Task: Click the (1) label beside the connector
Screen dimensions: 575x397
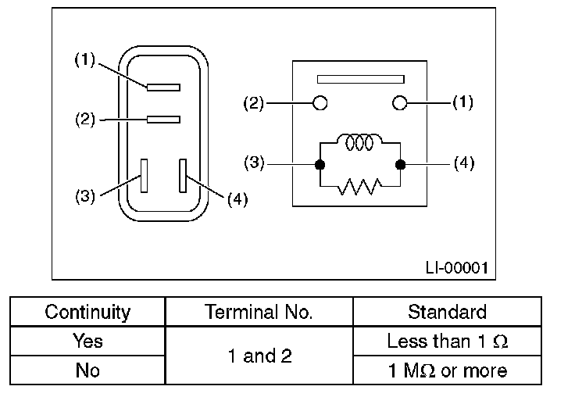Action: (84, 60)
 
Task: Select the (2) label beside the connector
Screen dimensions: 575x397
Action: (85, 120)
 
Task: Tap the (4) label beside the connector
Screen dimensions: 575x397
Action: (237, 199)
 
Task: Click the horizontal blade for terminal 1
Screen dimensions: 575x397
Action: (163, 88)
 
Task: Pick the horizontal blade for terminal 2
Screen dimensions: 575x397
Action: (163, 120)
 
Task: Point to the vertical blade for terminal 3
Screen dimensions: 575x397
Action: (144, 176)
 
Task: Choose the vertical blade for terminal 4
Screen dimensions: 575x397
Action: (183, 176)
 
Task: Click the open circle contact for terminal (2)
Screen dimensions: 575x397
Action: (320, 103)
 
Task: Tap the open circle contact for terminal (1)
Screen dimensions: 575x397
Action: (399, 103)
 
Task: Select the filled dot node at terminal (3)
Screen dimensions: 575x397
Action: (320, 165)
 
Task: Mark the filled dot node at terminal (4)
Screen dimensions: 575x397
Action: (401, 165)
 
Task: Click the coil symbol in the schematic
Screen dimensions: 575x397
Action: (359, 142)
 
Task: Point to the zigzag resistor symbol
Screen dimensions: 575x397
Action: (359, 187)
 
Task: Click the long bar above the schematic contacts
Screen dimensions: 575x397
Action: (361, 79)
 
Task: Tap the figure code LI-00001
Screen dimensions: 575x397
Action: (457, 268)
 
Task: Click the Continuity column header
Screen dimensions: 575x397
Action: (87, 312)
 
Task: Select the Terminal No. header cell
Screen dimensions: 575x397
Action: (259, 312)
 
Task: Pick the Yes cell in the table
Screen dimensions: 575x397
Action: (87, 341)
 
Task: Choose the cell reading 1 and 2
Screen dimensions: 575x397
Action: (259, 356)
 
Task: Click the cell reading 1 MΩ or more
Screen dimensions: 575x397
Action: (448, 370)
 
